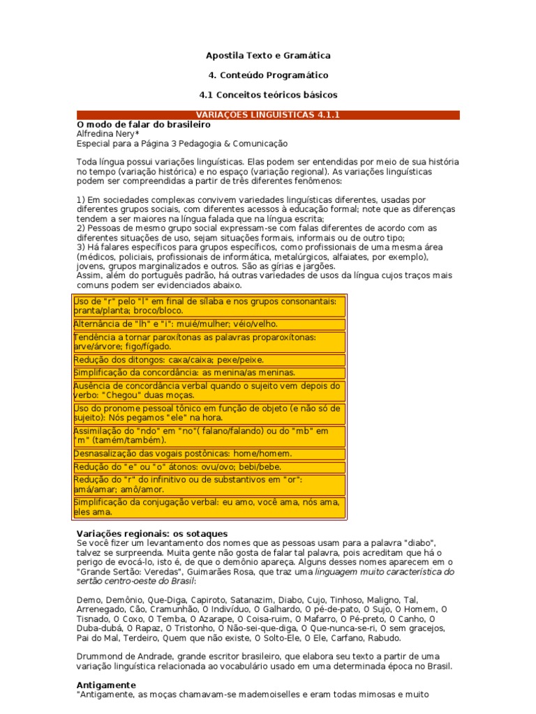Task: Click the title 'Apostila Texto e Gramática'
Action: [x=268, y=55]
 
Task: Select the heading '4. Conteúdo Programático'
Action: [x=268, y=75]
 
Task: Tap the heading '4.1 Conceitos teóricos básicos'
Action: [x=268, y=94]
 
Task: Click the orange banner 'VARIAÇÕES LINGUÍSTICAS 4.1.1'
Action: [x=268, y=115]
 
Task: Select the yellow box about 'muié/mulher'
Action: [x=209, y=324]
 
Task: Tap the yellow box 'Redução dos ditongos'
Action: [x=209, y=360]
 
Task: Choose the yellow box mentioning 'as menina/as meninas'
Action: [x=209, y=373]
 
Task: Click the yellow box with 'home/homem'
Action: [x=209, y=454]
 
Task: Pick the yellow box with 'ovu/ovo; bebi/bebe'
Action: [x=209, y=467]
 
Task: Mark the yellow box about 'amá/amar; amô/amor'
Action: [x=209, y=485]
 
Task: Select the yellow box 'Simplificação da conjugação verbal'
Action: [x=209, y=507]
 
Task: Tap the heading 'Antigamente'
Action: [x=105, y=685]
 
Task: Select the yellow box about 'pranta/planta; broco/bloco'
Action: [x=209, y=306]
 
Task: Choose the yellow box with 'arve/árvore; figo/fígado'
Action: [x=209, y=342]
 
